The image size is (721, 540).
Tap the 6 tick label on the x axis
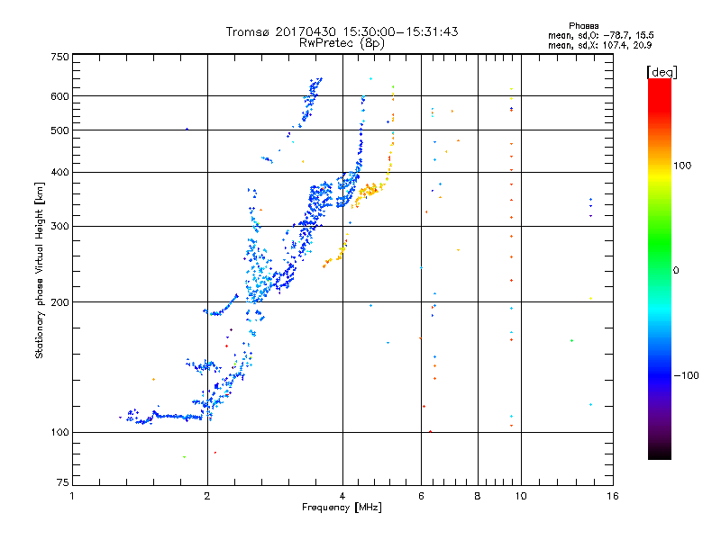pyautogui.click(x=421, y=496)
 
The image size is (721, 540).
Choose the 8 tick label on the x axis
pyautogui.click(x=478, y=496)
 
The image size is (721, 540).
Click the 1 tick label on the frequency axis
pyautogui.click(x=73, y=496)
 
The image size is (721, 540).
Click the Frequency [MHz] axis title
pyautogui.click(x=342, y=508)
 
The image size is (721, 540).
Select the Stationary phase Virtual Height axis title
pyautogui.click(x=40, y=270)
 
